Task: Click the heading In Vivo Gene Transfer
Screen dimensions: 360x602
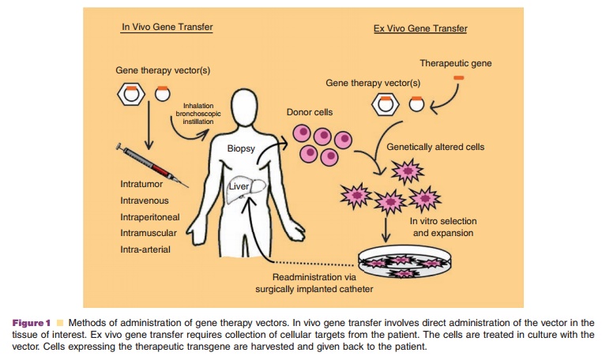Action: coord(167,27)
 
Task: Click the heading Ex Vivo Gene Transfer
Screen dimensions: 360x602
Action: coord(420,29)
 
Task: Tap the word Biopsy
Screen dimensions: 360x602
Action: coord(241,148)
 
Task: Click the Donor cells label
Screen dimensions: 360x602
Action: coord(310,112)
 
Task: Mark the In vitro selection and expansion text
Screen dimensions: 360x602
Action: coord(441,227)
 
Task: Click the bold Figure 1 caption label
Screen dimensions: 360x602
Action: coord(32,323)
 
